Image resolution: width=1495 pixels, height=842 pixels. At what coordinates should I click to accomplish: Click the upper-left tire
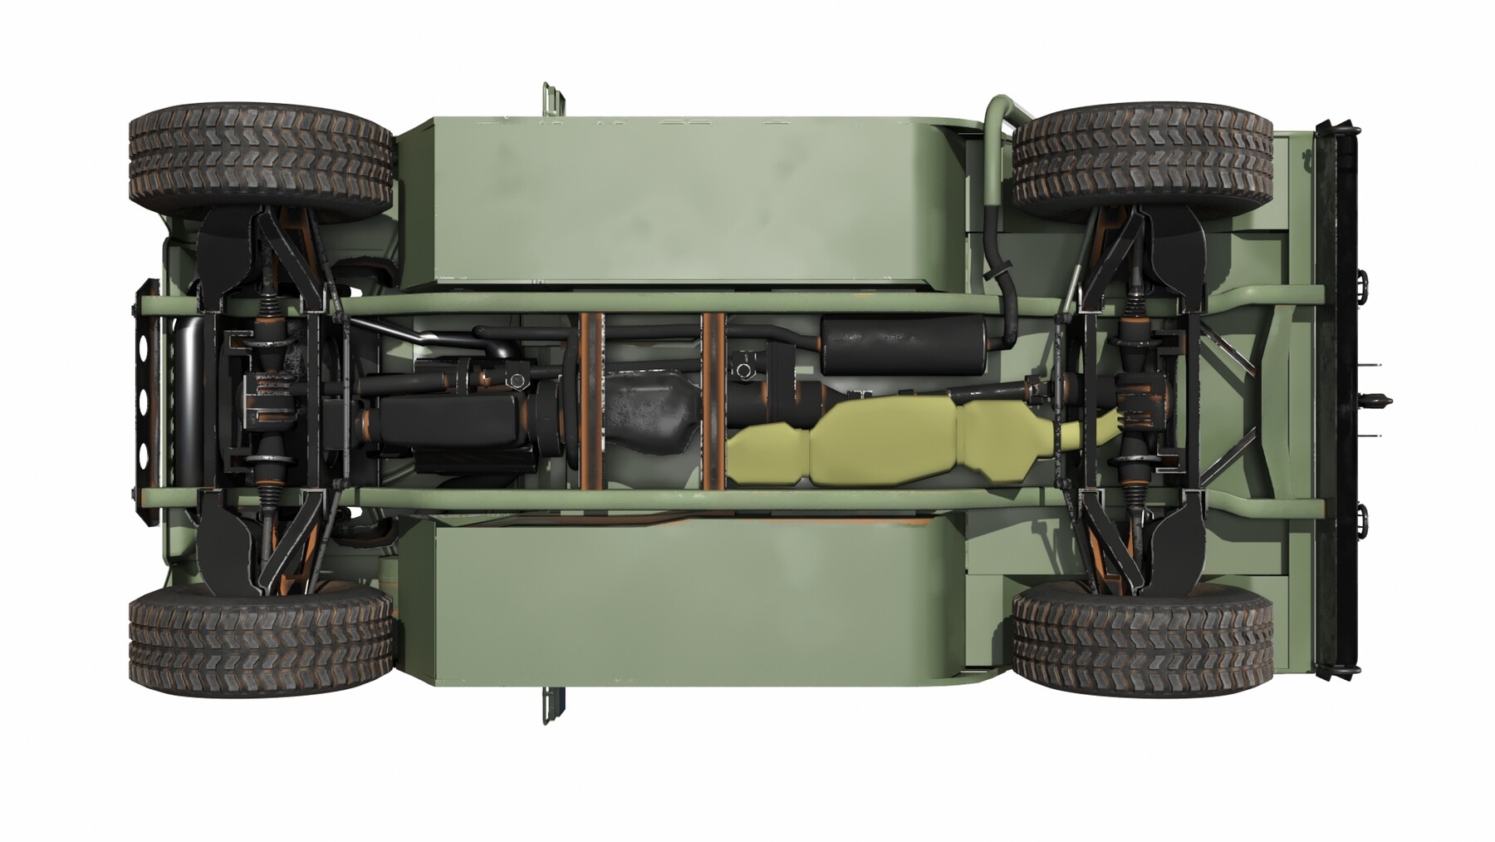[261, 155]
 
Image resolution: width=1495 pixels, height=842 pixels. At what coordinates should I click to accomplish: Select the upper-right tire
[1143, 155]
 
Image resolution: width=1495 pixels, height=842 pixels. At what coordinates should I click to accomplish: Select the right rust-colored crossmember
[713, 401]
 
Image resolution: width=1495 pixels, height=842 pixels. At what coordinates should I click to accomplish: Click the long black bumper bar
[1339, 399]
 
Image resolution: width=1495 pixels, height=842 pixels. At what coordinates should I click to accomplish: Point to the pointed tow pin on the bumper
[1378, 401]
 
